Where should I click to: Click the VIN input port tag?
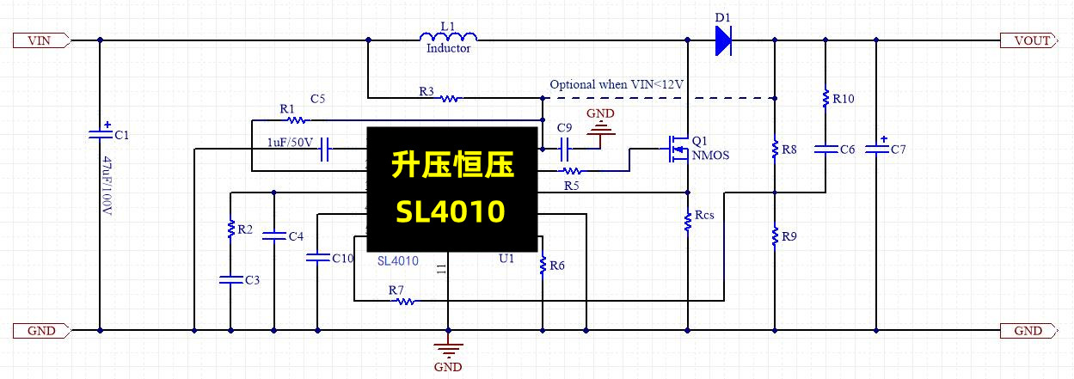40,40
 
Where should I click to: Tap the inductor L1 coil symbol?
448,38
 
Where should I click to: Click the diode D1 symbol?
722,40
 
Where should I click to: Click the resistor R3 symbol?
448,99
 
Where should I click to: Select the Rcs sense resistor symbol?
688,222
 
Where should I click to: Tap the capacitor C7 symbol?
876,149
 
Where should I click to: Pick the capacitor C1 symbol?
101,133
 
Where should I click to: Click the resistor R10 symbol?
825,97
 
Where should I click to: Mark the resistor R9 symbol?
775,234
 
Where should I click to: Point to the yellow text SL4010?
451,211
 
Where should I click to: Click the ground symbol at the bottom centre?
448,349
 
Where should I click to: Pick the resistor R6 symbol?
543,266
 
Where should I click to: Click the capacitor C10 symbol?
317,257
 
